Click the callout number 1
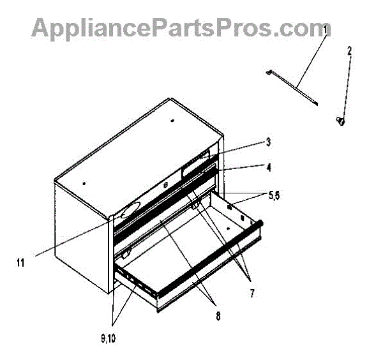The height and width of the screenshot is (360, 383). (325, 29)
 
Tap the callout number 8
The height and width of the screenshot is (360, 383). (218, 314)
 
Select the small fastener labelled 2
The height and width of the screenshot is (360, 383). (342, 119)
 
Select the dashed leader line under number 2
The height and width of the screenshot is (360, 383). (346, 83)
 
